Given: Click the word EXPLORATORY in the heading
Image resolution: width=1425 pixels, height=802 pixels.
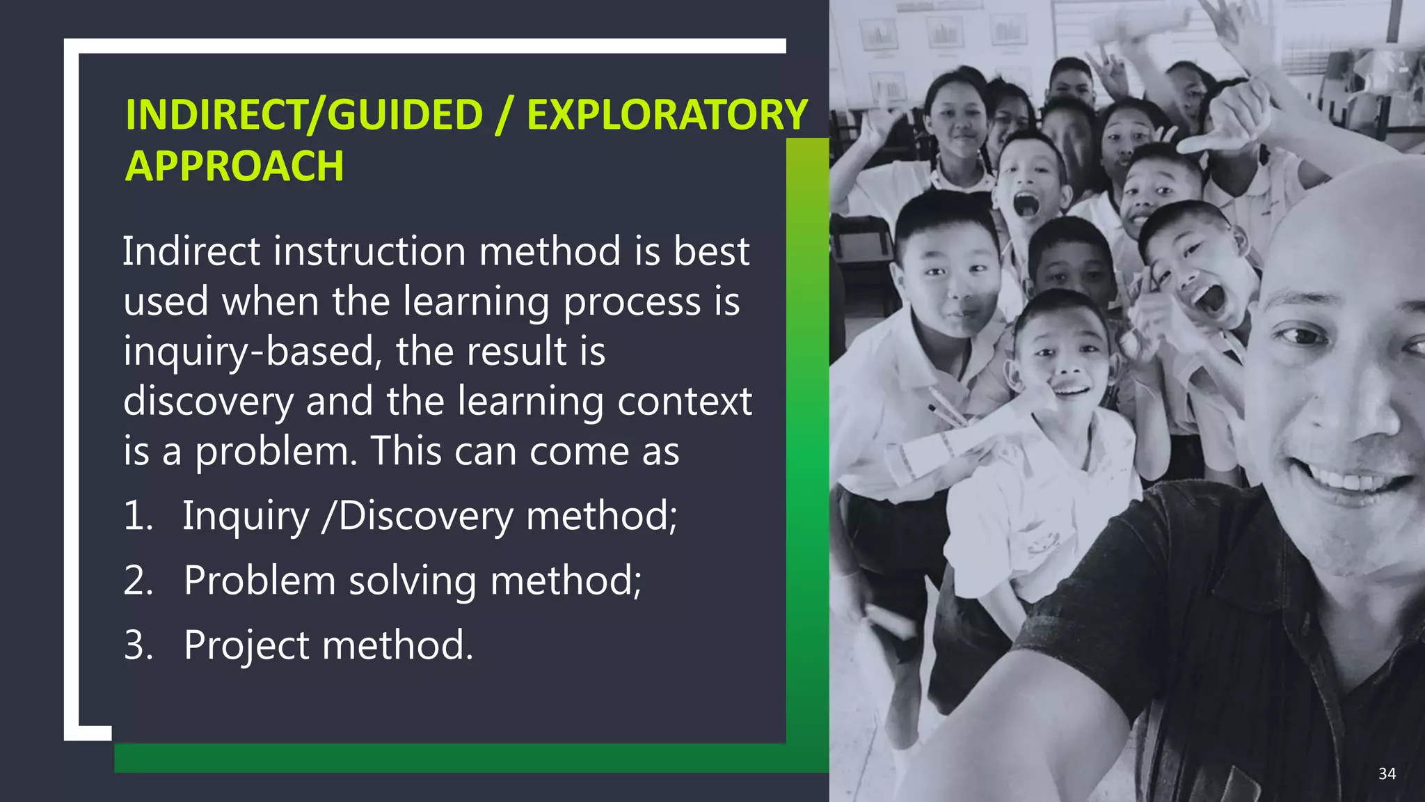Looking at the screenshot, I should (667, 115).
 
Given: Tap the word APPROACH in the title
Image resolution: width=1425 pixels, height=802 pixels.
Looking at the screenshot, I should (234, 166).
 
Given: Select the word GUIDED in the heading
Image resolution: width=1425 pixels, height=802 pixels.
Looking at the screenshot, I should (405, 115).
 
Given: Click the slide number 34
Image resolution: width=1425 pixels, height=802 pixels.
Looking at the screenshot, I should (1387, 773).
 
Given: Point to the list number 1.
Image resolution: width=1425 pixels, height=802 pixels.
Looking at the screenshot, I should (138, 516).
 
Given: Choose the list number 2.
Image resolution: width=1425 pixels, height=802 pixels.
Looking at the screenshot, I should (138, 581).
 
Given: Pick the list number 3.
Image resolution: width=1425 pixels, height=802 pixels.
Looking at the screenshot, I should (138, 645).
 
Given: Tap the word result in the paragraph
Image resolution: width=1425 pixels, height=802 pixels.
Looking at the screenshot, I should (517, 351).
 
